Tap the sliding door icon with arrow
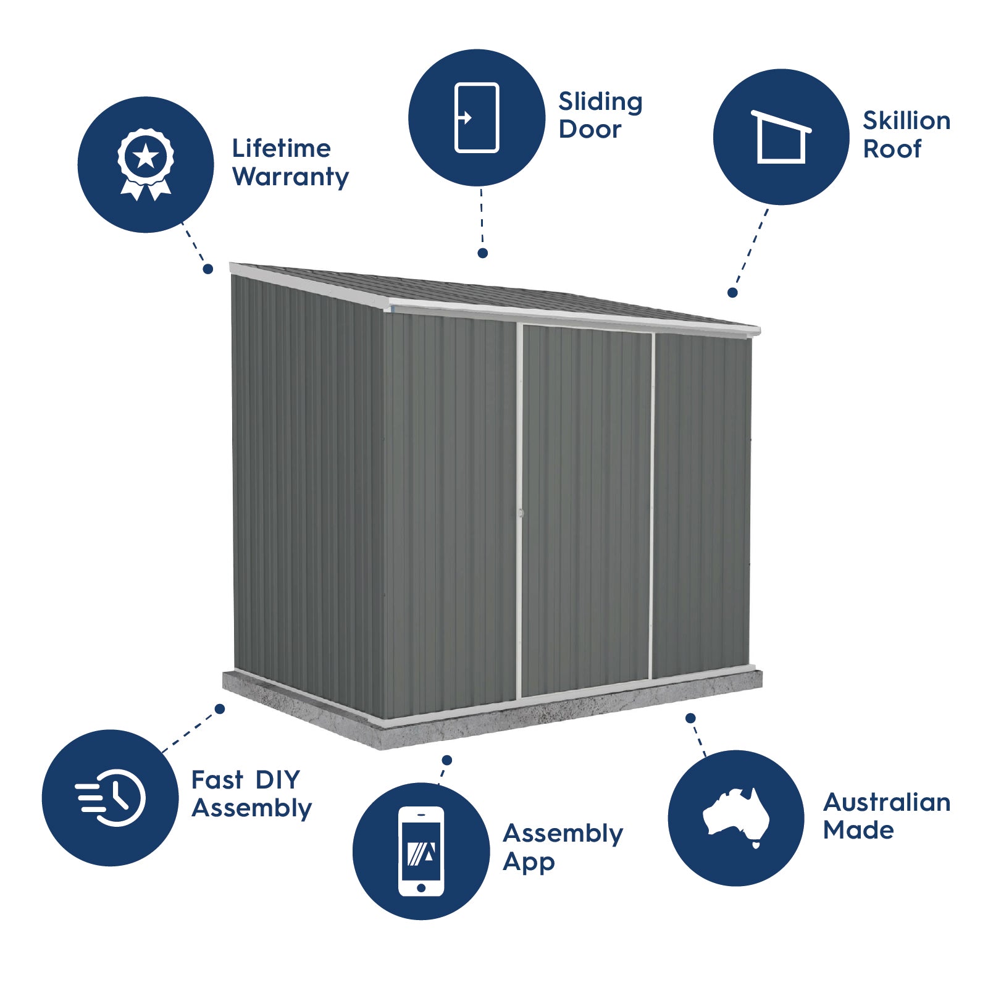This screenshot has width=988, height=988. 476,117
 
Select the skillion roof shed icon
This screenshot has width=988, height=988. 781,137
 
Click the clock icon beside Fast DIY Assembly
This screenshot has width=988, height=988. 111,797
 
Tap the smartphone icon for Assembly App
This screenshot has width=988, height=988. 421,851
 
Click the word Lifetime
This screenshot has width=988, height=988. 282,149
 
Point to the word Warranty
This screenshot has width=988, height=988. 291,177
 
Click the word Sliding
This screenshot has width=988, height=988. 600,102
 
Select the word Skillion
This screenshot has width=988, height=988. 906,121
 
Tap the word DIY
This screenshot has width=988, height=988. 277,780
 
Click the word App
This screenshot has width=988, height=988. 529,862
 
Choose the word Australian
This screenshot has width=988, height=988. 887,802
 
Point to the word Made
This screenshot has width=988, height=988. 858,830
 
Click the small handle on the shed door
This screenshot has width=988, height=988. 521,513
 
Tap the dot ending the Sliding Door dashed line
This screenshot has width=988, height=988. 483,253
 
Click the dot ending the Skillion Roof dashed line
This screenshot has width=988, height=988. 732,293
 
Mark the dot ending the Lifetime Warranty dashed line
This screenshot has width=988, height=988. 208,269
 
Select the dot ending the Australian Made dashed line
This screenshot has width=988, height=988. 690,718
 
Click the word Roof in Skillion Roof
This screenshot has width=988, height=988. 892,149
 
